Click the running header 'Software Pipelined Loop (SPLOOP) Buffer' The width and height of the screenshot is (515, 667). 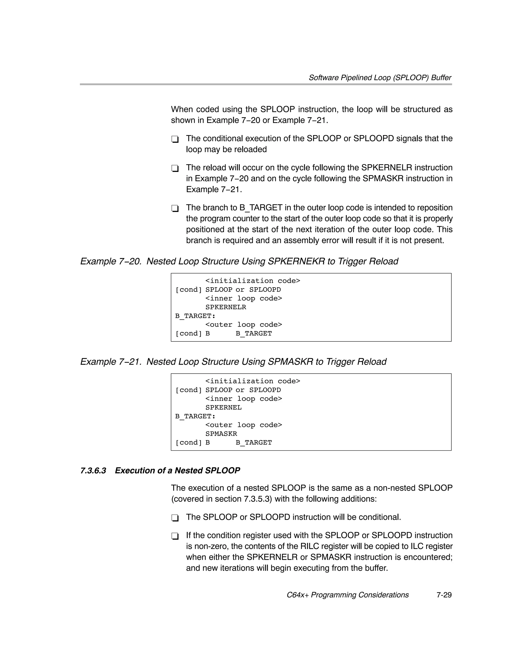click(380, 77)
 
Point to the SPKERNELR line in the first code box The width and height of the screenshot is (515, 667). click(226, 307)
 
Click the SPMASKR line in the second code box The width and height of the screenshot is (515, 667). click(221, 434)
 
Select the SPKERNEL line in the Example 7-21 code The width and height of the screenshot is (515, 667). click(224, 407)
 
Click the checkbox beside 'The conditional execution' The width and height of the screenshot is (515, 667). click(175, 139)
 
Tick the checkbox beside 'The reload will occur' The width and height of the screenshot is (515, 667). click(175, 168)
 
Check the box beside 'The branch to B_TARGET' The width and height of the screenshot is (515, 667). click(175, 208)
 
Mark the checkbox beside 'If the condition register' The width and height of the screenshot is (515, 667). click(175, 536)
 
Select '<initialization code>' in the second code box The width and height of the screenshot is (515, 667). click(253, 381)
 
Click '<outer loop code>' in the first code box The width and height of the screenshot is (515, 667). click(244, 325)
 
